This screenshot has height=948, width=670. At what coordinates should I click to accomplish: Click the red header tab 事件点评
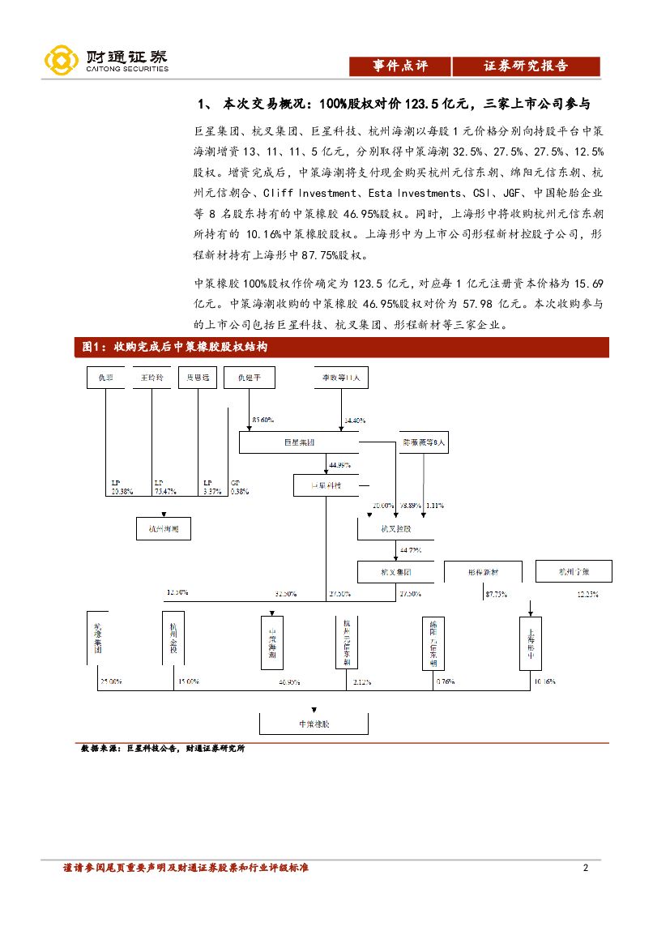[x=399, y=66]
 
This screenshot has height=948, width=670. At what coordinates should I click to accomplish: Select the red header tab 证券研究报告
[x=526, y=66]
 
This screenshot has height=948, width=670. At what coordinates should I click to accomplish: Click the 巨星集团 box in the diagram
[x=299, y=442]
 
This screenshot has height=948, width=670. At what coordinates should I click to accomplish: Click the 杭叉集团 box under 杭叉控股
[x=396, y=572]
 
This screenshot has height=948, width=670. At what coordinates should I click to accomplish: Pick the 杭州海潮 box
[x=163, y=529]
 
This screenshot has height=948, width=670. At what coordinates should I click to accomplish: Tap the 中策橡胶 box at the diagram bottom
[x=314, y=723]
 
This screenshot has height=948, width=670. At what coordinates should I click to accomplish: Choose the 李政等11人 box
[x=342, y=378]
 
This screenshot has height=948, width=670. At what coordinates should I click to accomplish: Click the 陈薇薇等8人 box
[x=424, y=442]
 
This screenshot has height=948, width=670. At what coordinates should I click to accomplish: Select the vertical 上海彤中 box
[x=530, y=643]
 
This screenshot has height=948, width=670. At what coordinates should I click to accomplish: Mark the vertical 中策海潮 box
[x=273, y=643]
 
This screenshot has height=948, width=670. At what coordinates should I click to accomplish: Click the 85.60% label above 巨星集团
[x=263, y=421]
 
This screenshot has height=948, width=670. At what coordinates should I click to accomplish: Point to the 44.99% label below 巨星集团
[x=339, y=465]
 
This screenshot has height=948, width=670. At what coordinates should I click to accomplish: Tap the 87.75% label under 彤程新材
[x=497, y=594]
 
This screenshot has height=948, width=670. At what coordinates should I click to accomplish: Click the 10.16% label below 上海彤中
[x=544, y=682]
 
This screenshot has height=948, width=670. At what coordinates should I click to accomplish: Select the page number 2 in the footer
[x=585, y=869]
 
